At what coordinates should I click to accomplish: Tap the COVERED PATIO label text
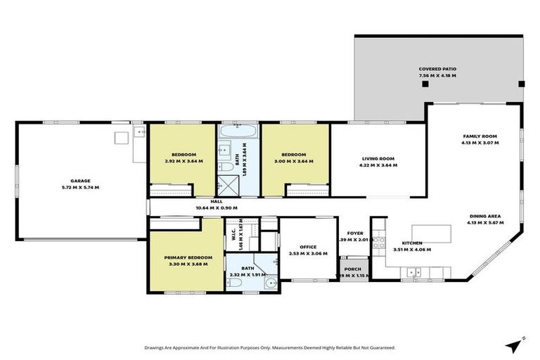[x=437, y=69]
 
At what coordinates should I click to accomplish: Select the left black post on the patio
[x=425, y=84]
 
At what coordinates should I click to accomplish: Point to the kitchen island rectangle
[x=430, y=233]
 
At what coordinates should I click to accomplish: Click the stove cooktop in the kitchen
[x=378, y=243]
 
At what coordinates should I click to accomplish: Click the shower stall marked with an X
[x=226, y=184]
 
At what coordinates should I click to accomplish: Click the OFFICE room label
[x=307, y=247]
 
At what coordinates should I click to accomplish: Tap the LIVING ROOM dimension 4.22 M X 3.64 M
[x=379, y=166]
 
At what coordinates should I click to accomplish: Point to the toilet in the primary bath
[x=235, y=283]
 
